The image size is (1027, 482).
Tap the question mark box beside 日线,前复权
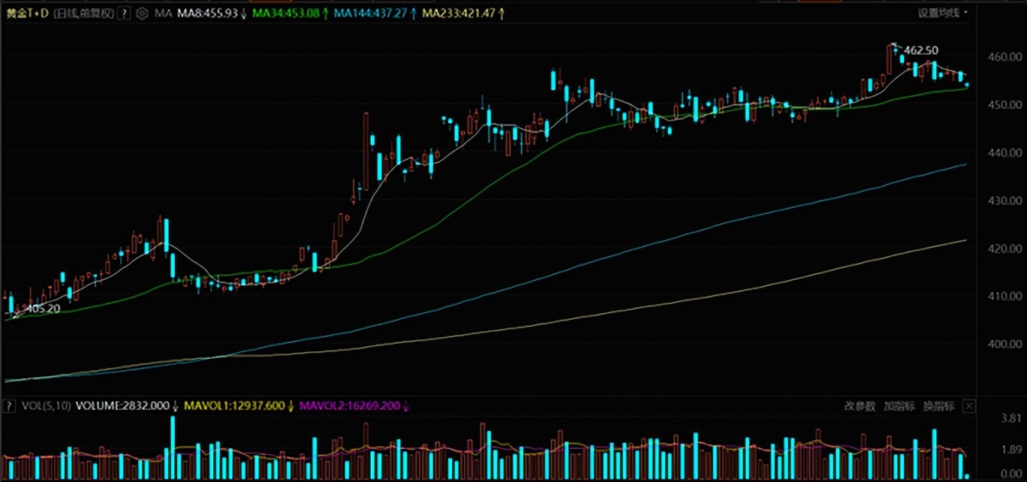click(124, 14)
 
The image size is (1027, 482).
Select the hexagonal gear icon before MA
click(142, 14)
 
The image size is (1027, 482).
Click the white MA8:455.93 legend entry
click(211, 14)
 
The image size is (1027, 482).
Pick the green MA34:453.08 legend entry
click(289, 14)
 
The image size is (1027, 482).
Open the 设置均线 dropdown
click(942, 13)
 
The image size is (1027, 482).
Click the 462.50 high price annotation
click(921, 50)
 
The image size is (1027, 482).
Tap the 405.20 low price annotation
click(43, 308)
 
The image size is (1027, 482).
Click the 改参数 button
click(860, 406)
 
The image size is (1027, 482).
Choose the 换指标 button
click(938, 406)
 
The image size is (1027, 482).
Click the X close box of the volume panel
click(969, 406)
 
